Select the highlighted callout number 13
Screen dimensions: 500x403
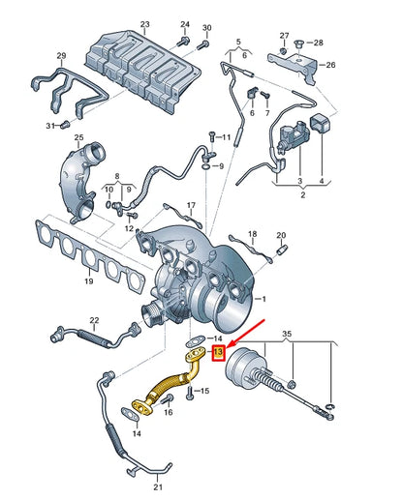[x=218, y=353]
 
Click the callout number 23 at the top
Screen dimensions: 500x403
[x=145, y=24]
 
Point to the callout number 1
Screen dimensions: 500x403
[x=259, y=300]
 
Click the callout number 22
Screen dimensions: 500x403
[x=94, y=319]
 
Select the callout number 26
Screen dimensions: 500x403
[x=329, y=66]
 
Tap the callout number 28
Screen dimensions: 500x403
[x=320, y=44]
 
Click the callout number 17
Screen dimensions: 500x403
[x=191, y=206]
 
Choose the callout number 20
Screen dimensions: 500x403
[x=281, y=235]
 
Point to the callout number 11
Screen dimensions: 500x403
[x=226, y=138]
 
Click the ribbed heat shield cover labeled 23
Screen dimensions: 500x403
[x=145, y=68]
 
